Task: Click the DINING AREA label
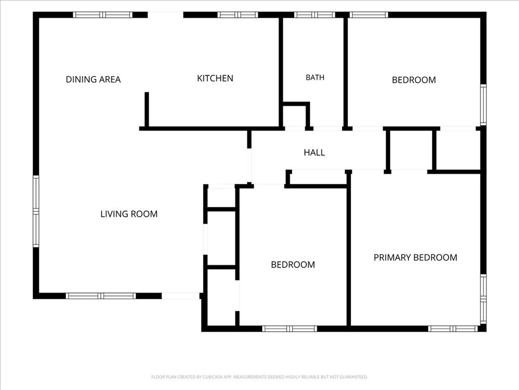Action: pyautogui.click(x=93, y=80)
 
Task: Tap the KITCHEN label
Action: pyautogui.click(x=215, y=78)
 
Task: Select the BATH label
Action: pyautogui.click(x=315, y=78)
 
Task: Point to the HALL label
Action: pyautogui.click(x=314, y=152)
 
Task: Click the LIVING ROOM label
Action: pyautogui.click(x=129, y=214)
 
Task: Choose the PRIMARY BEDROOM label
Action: pyautogui.click(x=416, y=257)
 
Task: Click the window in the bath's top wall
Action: pyautogui.click(x=314, y=15)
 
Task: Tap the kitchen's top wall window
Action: pyautogui.click(x=237, y=15)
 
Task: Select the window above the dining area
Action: pyautogui.click(x=102, y=15)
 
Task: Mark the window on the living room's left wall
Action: pyautogui.click(x=36, y=211)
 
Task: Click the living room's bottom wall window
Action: pyautogui.click(x=101, y=296)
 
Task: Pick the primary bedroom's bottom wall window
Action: pyautogui.click(x=453, y=329)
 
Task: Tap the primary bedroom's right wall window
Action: pyautogui.click(x=483, y=299)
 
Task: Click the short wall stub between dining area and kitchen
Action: pyautogui.click(x=146, y=110)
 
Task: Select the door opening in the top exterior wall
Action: pyautogui.click(x=166, y=15)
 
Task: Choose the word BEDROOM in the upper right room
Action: pyautogui.click(x=414, y=80)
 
